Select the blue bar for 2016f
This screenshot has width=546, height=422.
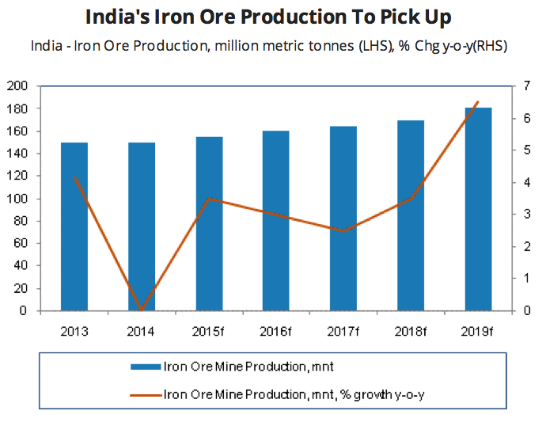276,221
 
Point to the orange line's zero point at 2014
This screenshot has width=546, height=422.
142,310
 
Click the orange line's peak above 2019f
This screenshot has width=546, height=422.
477,102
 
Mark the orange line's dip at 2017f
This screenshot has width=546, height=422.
343,231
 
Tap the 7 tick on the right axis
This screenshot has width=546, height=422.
526,86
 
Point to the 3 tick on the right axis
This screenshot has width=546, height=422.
526,215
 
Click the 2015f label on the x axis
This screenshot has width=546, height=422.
209,328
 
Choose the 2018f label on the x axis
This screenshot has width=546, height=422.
411,328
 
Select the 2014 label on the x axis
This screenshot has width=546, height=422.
142,328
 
